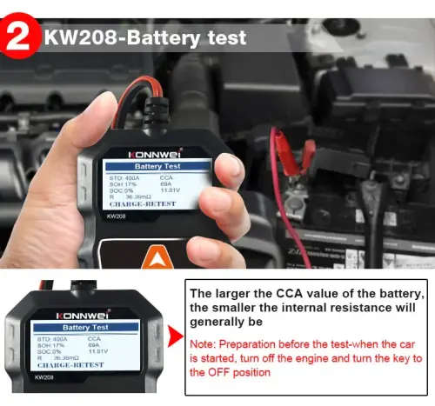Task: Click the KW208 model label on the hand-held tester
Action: (x=110, y=216)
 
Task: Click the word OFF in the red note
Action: (x=229, y=372)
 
